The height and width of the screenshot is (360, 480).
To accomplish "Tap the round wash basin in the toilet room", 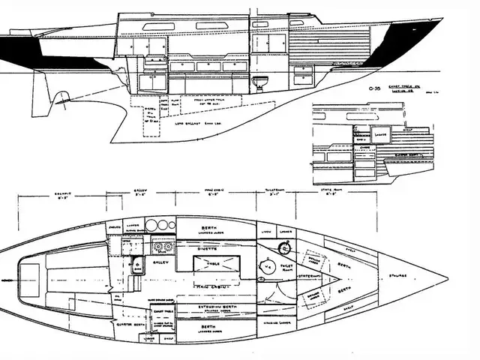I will tap(284, 248).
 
